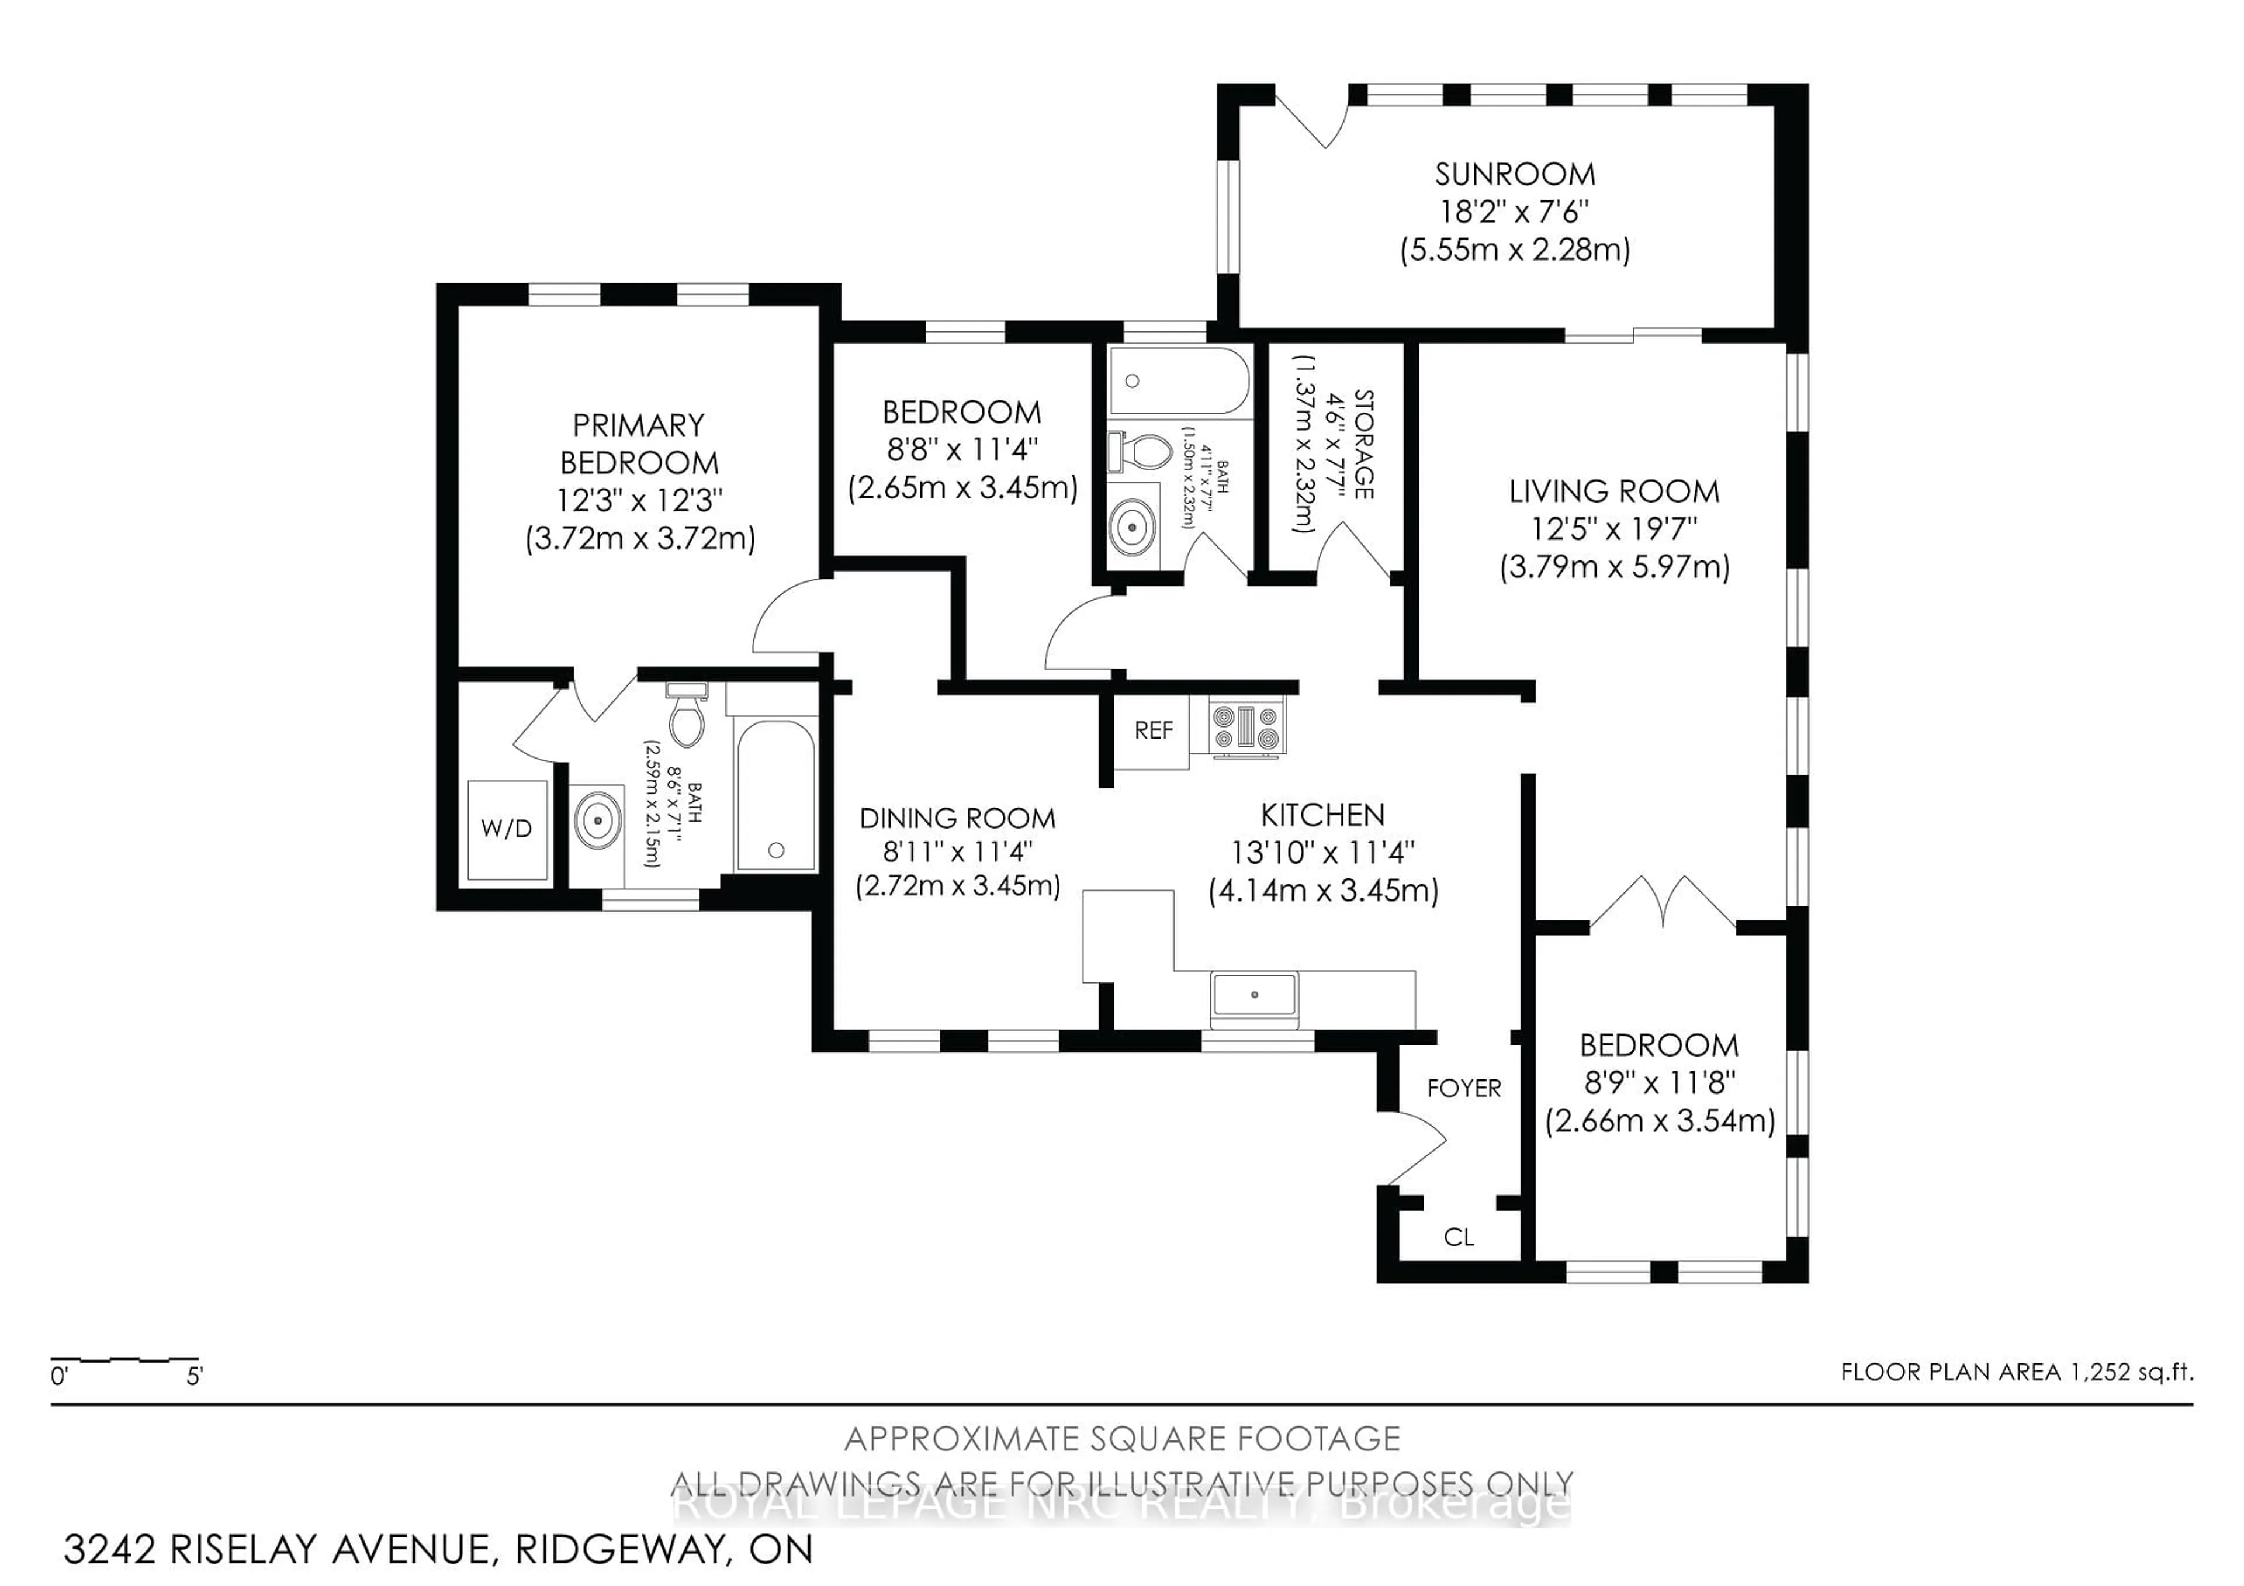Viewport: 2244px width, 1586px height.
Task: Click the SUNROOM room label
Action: [1514, 175]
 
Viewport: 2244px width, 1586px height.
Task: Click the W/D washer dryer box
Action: [506, 829]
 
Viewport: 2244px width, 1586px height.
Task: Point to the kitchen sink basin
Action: [1254, 996]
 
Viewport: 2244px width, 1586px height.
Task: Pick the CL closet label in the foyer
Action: [1458, 1237]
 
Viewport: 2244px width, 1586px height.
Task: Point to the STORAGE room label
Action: [1363, 445]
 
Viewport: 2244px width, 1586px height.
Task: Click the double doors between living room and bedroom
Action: [1663, 904]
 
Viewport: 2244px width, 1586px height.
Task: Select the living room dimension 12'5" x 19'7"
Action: [1613, 529]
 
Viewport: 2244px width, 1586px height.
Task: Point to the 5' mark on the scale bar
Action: [195, 1376]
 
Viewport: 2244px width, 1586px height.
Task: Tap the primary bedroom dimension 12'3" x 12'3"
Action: [639, 500]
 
